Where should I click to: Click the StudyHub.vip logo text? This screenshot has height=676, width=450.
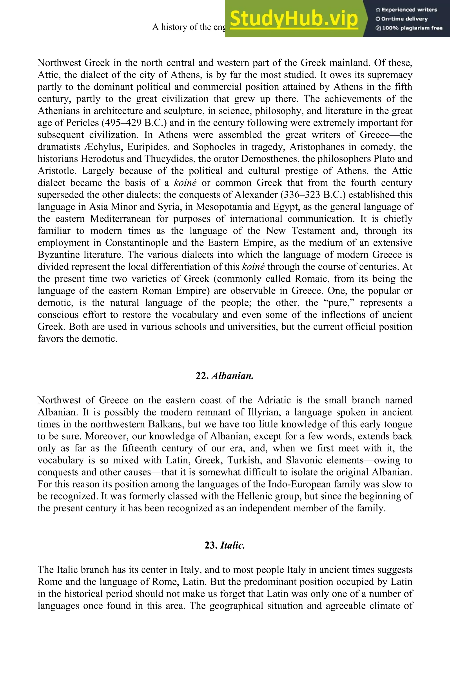tap(294, 19)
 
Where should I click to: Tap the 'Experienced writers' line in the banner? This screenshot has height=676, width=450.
tap(406, 10)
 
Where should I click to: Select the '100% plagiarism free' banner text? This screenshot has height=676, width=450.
tap(409, 28)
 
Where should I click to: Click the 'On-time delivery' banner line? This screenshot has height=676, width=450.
tap(402, 19)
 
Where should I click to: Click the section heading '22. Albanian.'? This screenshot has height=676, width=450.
tap(225, 376)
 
